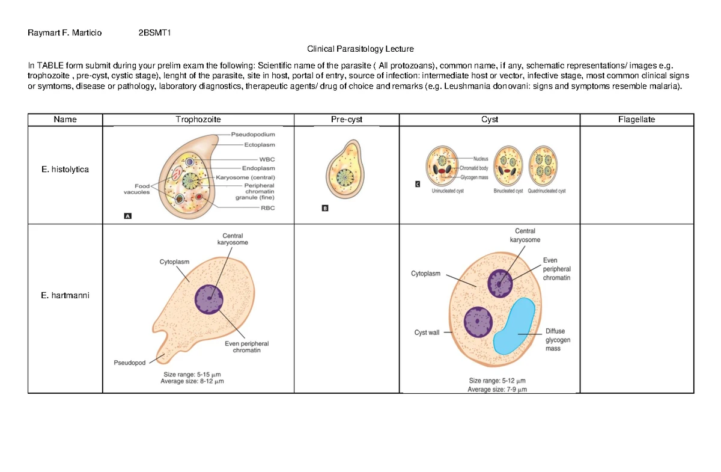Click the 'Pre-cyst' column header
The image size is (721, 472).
click(347, 120)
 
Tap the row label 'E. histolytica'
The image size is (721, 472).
click(65, 170)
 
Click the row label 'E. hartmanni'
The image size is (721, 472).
click(65, 295)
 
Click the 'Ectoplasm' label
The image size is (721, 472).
click(260, 145)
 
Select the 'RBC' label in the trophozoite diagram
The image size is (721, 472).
click(250, 207)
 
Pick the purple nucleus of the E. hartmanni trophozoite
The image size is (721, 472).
click(208, 299)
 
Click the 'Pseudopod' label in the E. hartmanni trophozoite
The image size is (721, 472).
click(129, 363)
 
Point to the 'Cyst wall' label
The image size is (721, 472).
click(427, 333)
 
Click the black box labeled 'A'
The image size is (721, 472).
click(128, 217)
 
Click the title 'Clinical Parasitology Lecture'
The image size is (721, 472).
click(360, 49)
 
